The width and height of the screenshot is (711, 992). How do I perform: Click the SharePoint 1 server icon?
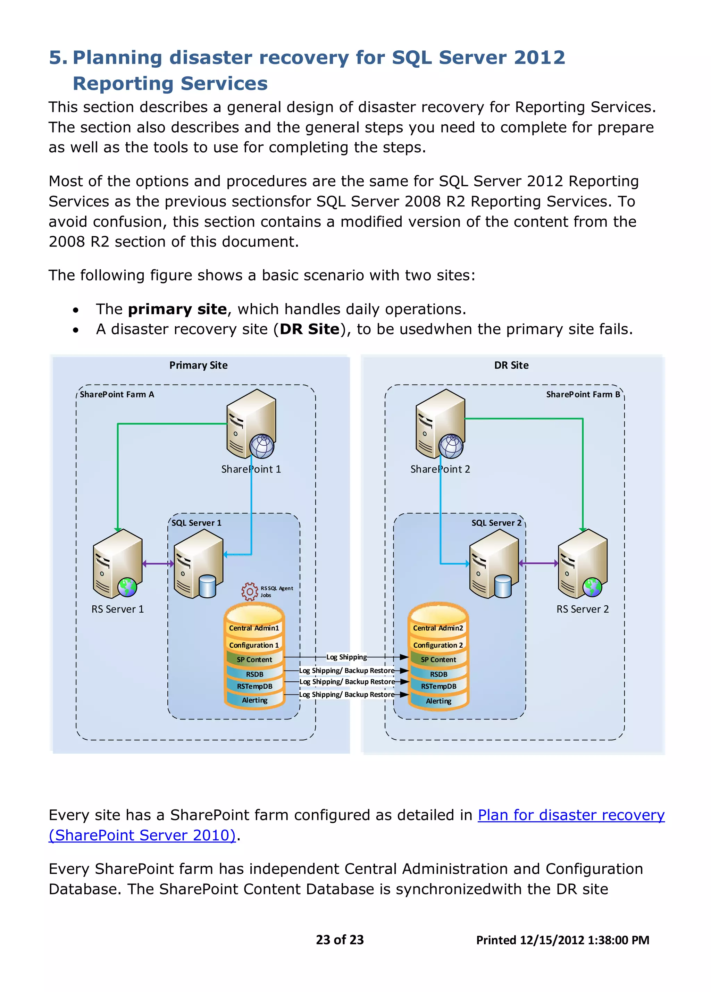coord(251,424)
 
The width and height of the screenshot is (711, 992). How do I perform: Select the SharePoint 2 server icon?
coord(440,424)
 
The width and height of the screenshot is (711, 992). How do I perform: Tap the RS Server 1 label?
coord(117,609)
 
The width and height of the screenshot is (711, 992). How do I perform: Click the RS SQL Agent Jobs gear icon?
coord(249,591)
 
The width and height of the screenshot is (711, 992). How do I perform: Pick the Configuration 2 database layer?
coord(438,645)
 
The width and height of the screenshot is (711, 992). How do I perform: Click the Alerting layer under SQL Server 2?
coord(438,701)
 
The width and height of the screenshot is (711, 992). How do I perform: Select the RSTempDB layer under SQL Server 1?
coord(254,686)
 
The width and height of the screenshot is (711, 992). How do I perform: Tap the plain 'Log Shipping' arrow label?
coord(346,657)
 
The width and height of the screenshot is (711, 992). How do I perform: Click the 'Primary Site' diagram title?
coord(198,365)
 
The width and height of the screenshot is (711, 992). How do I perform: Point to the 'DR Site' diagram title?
coord(511,365)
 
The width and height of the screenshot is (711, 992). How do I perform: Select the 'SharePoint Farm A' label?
coord(117,395)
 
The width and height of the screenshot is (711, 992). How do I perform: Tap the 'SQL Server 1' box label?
coord(196,523)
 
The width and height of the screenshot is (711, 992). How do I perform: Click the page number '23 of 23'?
coord(340,940)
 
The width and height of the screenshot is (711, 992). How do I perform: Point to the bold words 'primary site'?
coord(177,309)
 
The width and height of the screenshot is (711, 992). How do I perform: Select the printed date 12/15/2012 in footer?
coord(552,940)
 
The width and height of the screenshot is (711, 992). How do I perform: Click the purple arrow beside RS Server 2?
coord(538,563)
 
